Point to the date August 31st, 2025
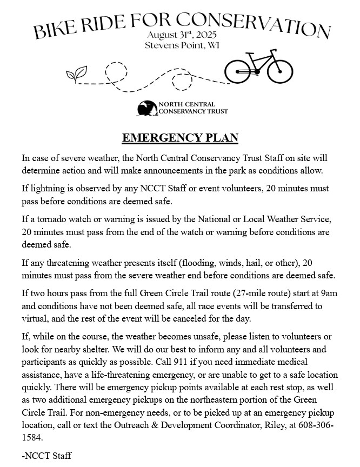(x=181, y=35)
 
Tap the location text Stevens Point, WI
(x=181, y=45)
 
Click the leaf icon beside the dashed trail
(x=76, y=74)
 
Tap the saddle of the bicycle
(x=250, y=55)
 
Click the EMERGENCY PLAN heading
(x=180, y=138)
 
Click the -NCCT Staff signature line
(x=46, y=456)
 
